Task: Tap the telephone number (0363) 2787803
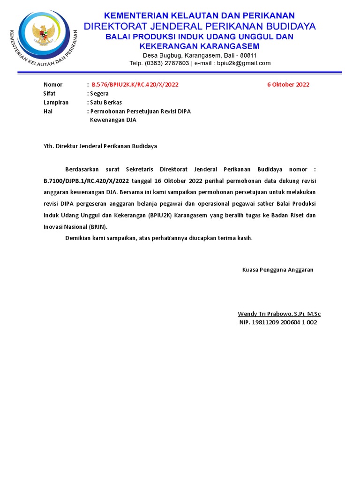(x=166, y=63)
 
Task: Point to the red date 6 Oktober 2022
(x=288, y=85)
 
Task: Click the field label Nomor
(x=53, y=85)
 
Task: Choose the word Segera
(x=99, y=94)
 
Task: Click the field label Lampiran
(x=56, y=103)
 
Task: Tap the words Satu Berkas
(x=106, y=103)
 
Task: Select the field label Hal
(x=48, y=112)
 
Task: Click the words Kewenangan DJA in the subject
(x=113, y=120)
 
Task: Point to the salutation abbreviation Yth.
(x=49, y=146)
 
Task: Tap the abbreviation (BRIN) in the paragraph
(x=97, y=227)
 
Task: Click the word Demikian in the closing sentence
(x=78, y=238)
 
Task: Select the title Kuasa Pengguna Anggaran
(x=277, y=270)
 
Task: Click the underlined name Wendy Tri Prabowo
(x=265, y=314)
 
